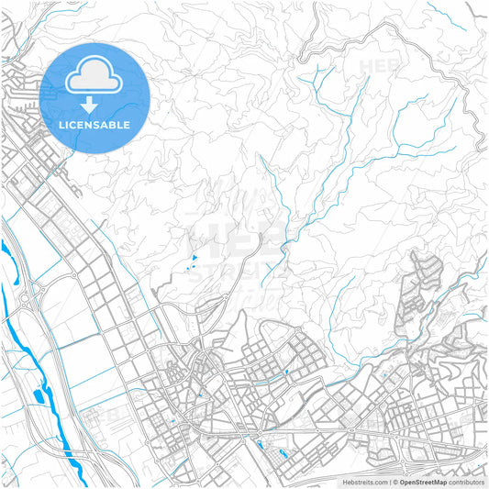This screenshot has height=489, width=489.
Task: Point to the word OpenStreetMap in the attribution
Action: point(423,481)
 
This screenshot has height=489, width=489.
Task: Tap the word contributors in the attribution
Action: point(466,481)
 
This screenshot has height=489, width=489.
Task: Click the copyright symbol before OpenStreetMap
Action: point(395,481)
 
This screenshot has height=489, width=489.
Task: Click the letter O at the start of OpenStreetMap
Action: point(402,481)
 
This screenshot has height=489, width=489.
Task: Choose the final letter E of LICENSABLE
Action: point(127,125)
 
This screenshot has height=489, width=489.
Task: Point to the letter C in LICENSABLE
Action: point(75,125)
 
